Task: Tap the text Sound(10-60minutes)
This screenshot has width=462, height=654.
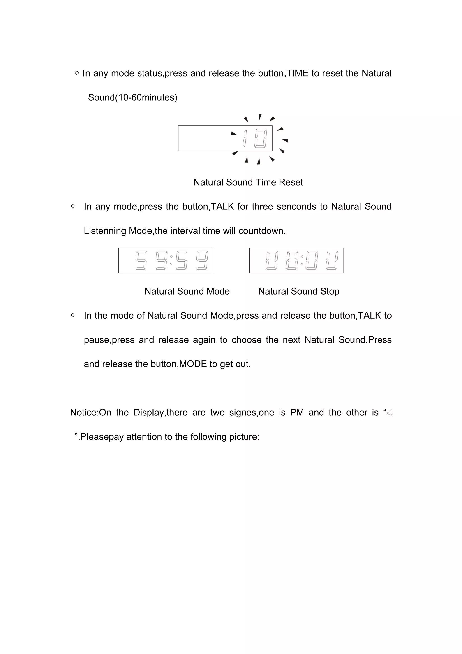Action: tap(133, 98)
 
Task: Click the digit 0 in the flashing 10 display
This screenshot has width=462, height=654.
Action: tap(261, 138)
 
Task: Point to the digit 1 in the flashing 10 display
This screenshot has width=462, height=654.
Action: tap(245, 138)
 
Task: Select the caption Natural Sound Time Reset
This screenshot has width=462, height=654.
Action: tap(248, 182)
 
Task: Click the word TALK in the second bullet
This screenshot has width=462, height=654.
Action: tap(222, 206)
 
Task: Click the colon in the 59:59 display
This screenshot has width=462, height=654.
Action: tap(171, 260)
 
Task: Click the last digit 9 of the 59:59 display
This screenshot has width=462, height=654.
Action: tap(202, 260)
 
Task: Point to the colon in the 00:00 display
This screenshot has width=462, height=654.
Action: tap(302, 260)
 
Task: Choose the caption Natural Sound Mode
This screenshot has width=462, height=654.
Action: tap(187, 291)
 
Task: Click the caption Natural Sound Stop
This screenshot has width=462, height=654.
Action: tap(299, 291)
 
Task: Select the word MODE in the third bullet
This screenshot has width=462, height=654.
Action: tap(193, 364)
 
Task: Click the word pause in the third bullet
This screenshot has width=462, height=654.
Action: tap(97, 340)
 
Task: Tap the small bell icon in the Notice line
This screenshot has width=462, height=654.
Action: tap(390, 413)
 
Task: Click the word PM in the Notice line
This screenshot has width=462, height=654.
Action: tap(297, 413)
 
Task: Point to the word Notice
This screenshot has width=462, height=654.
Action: tap(83, 413)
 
